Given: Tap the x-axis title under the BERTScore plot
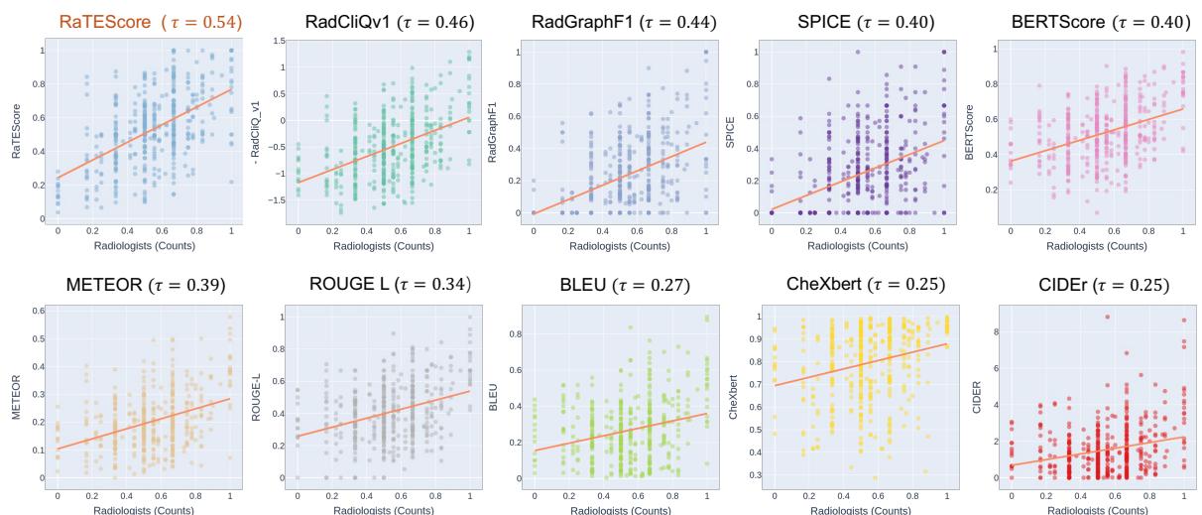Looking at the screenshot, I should (x=1097, y=244).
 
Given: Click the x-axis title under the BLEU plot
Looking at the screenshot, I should (x=620, y=509).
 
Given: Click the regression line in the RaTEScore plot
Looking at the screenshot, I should (x=145, y=133).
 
